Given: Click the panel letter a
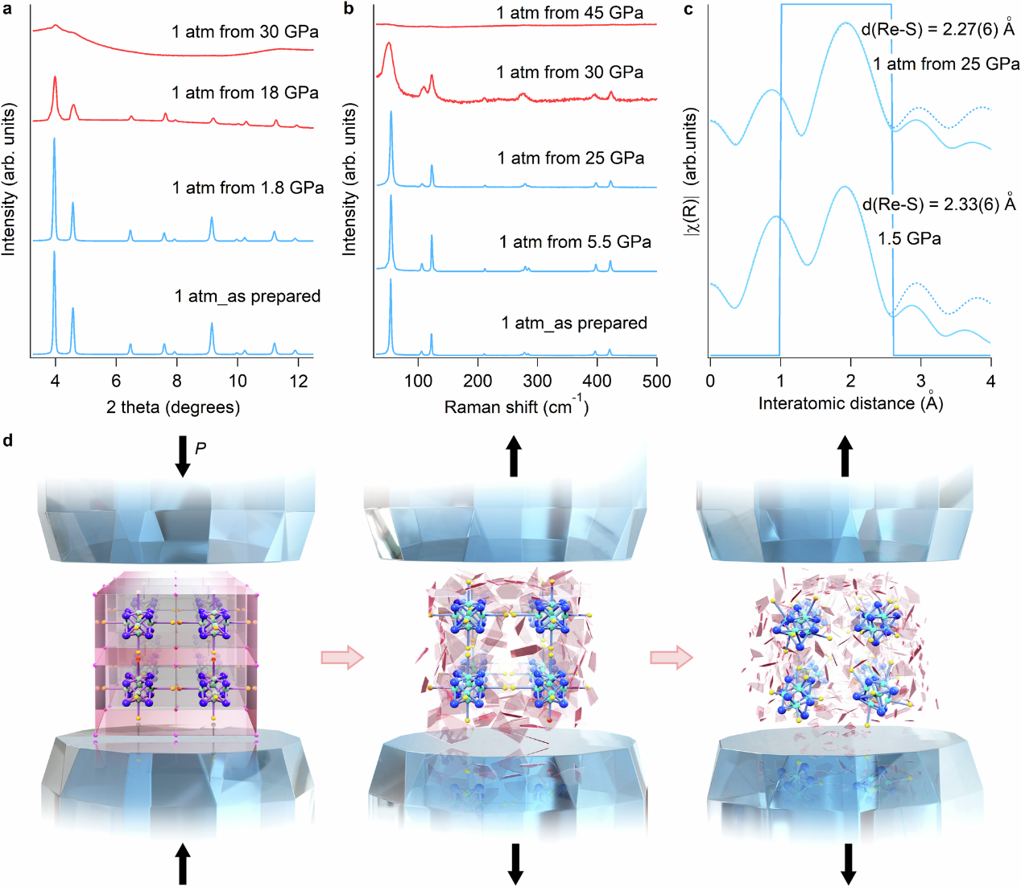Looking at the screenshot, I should click(7, 9).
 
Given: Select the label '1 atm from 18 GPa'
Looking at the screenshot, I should click(245, 93).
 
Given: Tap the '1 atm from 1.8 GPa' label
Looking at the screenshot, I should click(248, 188).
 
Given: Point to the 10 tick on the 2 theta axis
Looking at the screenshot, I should click(238, 381).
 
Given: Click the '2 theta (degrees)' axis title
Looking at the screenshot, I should click(173, 407).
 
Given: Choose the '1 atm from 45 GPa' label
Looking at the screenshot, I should click(569, 13).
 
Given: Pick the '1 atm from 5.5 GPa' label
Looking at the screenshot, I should click(575, 241).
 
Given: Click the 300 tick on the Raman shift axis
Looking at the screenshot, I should click(537, 381).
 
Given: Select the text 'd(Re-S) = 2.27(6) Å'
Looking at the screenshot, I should click(938, 29).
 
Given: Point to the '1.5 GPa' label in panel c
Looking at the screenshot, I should click(909, 239).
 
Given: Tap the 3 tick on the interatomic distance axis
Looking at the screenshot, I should click(921, 381).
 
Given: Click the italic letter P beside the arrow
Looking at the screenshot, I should click(200, 448).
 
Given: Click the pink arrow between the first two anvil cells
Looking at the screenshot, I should click(342, 658).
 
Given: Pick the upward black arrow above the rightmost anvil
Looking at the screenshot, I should click(845, 456).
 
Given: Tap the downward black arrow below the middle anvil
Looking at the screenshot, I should click(515, 864).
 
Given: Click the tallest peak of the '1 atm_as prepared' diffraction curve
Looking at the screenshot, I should click(54, 254).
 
